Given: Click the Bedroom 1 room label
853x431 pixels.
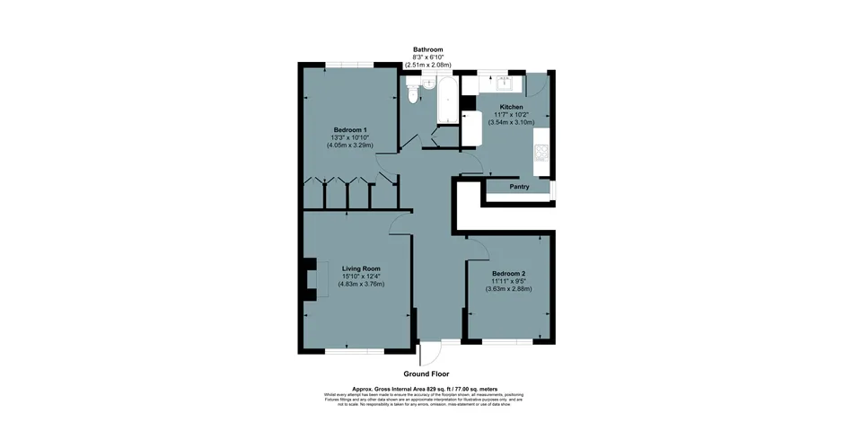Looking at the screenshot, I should coord(349,129).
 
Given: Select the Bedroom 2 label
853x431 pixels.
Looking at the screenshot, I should coord(508,273).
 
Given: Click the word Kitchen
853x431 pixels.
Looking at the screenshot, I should coord(511,107).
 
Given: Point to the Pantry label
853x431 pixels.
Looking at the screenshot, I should coord(518,188).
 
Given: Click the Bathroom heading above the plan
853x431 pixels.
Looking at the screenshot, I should coord(427,49).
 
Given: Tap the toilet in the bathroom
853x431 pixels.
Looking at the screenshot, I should coord(412,92).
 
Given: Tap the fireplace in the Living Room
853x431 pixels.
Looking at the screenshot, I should coord(311,279).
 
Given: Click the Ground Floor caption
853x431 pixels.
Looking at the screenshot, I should coord(426,374).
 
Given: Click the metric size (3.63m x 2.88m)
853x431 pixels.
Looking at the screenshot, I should coord(508,289).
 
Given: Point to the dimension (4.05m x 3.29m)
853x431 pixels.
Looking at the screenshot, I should coord(349,145).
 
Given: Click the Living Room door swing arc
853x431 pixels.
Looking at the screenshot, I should coord(401,224).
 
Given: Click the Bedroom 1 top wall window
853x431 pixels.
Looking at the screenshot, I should coord(349,65).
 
